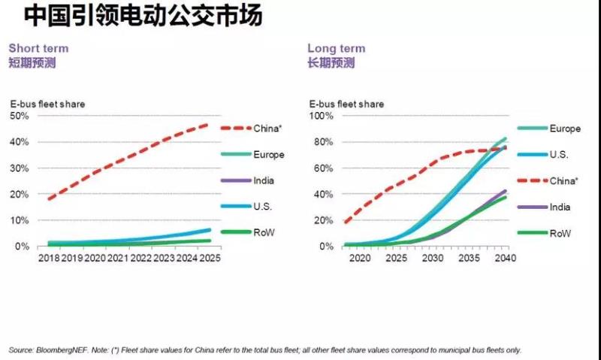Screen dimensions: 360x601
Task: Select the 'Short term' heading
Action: pyautogui.click(x=38, y=48)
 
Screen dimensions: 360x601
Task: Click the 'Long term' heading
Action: pyautogui.click(x=335, y=48)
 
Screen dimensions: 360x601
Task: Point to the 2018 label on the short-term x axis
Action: pyautogui.click(x=49, y=259)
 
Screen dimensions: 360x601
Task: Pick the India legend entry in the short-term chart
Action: pyautogui.click(x=264, y=180)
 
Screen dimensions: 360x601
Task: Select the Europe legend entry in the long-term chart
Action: pyautogui.click(x=564, y=129)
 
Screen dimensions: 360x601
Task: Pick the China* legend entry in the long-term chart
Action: pyautogui.click(x=564, y=180)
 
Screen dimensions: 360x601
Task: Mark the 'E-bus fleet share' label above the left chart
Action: pyautogui.click(x=47, y=104)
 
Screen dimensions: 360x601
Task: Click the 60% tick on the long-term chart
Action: pyautogui.click(x=319, y=168)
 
